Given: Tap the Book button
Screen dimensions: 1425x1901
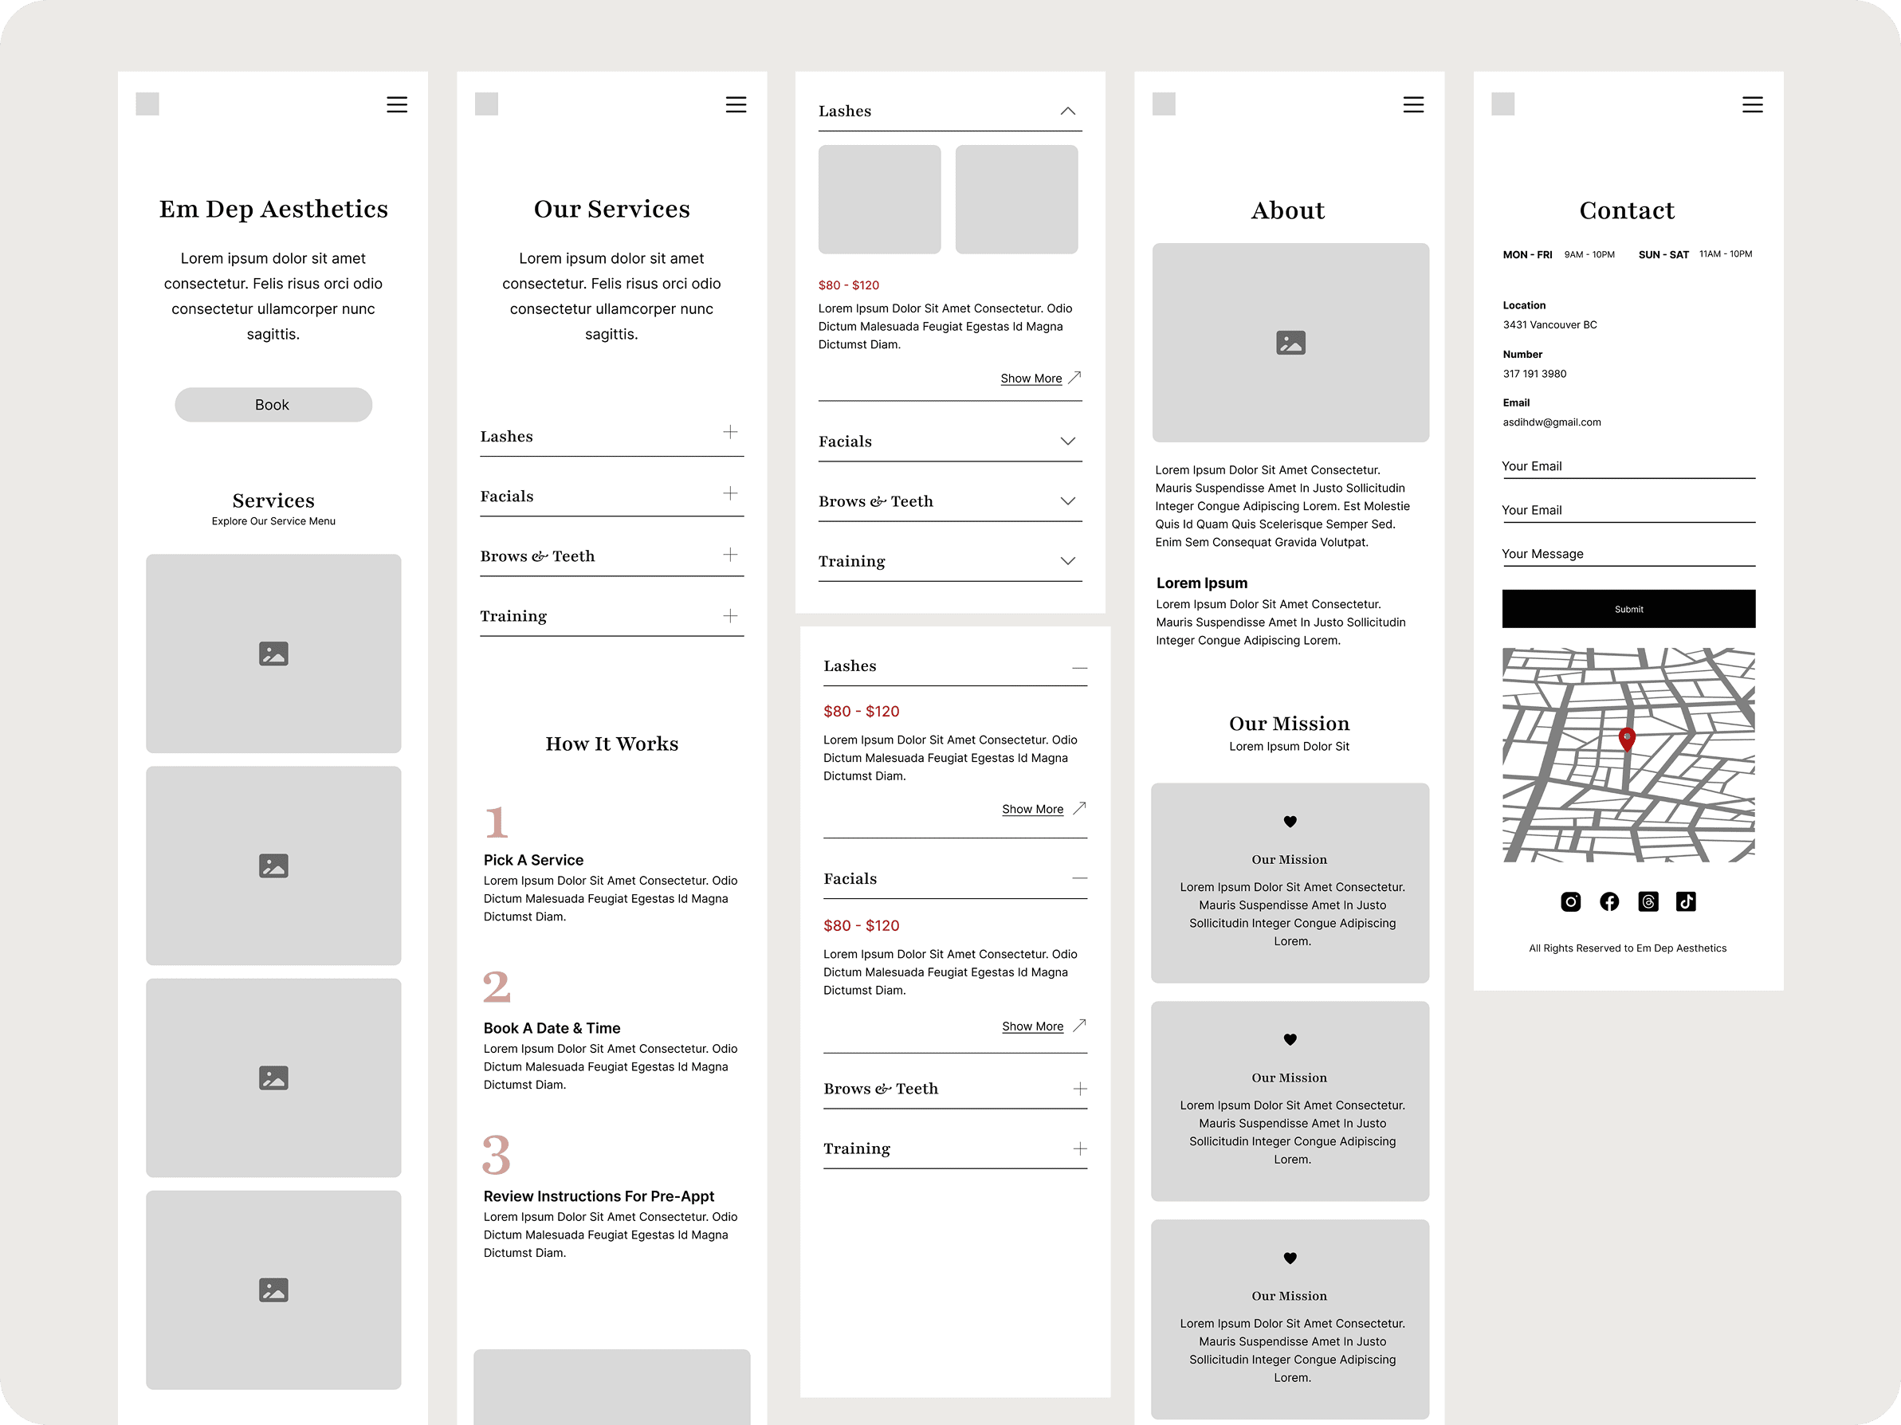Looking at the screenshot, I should click(x=273, y=405).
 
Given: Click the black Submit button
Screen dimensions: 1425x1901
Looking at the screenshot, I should click(x=1628, y=609).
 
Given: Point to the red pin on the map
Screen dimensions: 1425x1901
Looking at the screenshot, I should click(x=1626, y=738).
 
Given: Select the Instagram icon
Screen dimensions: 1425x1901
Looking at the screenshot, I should click(x=1570, y=901).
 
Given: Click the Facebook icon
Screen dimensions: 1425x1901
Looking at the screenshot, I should click(x=1608, y=901).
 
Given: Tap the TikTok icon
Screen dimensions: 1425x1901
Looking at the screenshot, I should click(x=1685, y=901).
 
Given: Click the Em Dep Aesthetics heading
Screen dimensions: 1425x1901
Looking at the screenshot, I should click(x=273, y=209).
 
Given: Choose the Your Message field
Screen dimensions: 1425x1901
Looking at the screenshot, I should click(x=1628, y=555).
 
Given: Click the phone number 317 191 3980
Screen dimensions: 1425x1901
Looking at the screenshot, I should click(x=1534, y=374).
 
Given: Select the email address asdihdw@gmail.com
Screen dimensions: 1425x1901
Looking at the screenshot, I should click(x=1551, y=422).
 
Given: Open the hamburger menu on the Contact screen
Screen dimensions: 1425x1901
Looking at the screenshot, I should click(x=1751, y=105).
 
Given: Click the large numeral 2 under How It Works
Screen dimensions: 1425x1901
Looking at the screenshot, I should click(x=497, y=987).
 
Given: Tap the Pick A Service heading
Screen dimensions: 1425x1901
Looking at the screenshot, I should click(x=532, y=860).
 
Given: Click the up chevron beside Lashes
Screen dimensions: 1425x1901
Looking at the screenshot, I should click(x=1067, y=111).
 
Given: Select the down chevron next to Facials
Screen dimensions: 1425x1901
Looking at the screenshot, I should click(x=1067, y=441).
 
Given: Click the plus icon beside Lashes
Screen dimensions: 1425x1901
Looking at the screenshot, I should click(x=729, y=432).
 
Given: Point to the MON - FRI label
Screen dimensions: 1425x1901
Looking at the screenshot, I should click(x=1527, y=255).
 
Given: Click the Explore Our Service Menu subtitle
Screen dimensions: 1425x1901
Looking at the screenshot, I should click(x=273, y=522).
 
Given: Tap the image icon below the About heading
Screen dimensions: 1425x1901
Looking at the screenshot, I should click(x=1290, y=343).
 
